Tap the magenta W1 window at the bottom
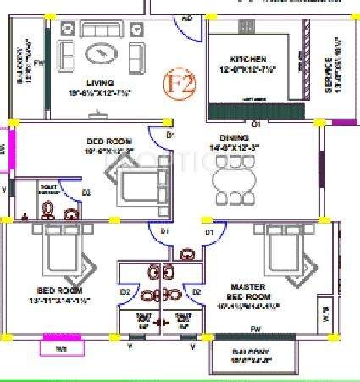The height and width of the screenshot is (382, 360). coord(61,346)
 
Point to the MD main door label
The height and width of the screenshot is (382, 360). coord(187,17)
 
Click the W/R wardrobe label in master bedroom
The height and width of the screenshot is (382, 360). coord(326,320)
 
